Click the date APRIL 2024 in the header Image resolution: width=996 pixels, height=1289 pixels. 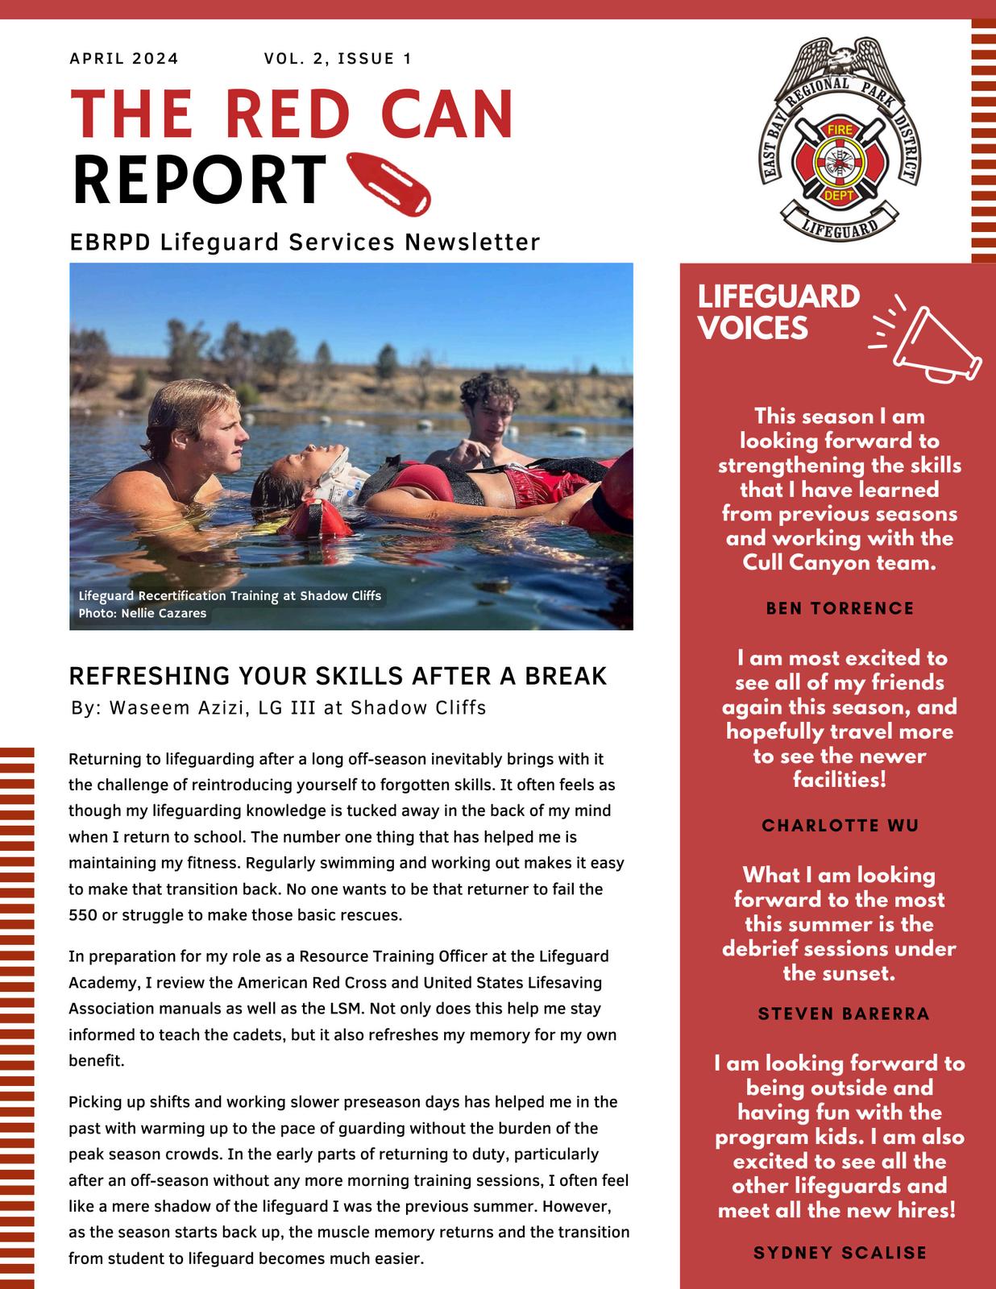124,58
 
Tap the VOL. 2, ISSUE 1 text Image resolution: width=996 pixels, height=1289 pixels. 337,58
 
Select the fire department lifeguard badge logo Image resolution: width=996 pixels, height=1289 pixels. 842,139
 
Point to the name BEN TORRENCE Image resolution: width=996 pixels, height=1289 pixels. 840,608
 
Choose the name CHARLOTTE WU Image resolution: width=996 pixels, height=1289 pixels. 840,826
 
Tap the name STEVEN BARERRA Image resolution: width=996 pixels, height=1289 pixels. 843,1013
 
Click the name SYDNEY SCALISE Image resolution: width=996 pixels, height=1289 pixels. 840,1252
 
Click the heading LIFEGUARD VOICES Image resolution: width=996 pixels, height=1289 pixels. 778,313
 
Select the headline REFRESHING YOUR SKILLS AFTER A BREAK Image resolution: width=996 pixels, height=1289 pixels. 338,676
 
